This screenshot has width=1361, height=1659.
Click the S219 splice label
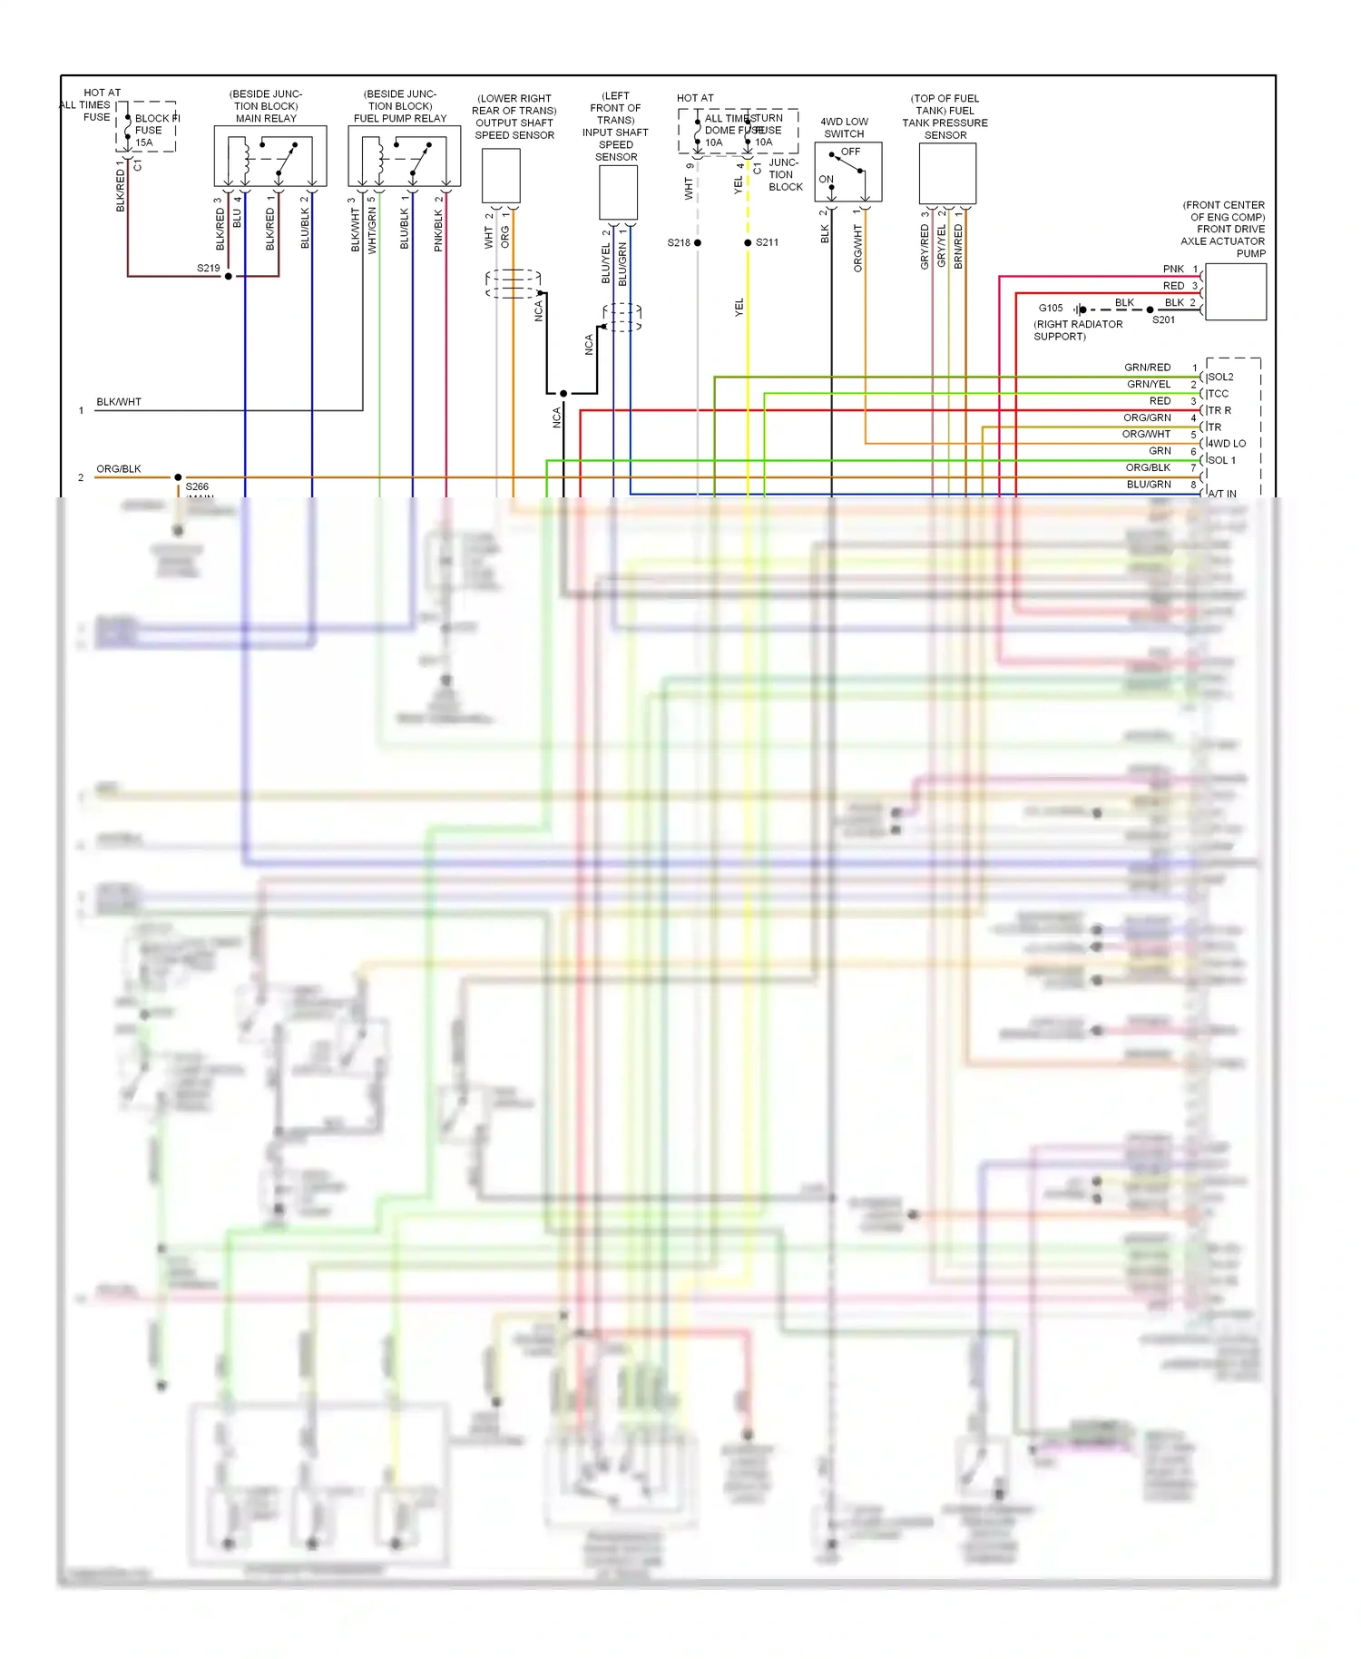[x=208, y=268]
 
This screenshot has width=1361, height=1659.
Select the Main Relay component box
[x=269, y=156]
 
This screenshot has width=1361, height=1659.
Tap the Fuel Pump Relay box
[x=404, y=156]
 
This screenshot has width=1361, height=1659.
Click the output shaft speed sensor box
[x=501, y=175]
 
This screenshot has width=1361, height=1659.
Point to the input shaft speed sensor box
[x=619, y=192]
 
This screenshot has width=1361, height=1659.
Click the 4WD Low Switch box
[x=847, y=172]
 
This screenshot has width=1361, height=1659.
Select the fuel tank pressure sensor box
[x=947, y=173]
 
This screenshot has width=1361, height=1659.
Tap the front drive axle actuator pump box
[x=1235, y=291]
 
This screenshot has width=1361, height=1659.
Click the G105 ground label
[x=1051, y=309]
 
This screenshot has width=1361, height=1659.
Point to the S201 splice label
[x=1163, y=319]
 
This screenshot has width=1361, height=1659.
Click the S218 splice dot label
[x=679, y=242]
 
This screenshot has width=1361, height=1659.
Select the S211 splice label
[x=767, y=242]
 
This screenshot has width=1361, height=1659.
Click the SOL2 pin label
[x=1220, y=377]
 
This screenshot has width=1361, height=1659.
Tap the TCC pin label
[x=1219, y=394]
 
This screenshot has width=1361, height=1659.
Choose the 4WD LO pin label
[x=1227, y=444]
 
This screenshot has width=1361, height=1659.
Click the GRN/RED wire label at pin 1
[x=1147, y=368]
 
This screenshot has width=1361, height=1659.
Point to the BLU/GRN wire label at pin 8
[x=1149, y=485]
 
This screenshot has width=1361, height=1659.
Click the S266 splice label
[x=197, y=486]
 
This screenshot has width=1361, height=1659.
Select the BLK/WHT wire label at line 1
[x=119, y=402]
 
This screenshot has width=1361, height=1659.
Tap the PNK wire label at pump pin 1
[x=1173, y=269]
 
